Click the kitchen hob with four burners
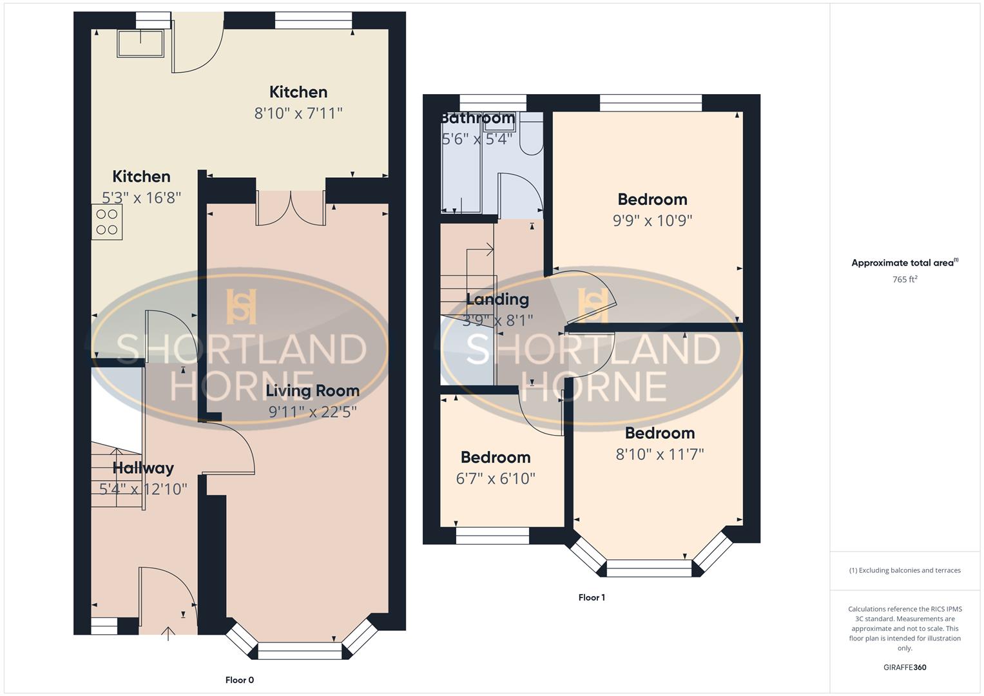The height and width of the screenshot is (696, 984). coord(107,222)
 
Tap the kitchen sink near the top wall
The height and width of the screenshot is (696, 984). coord(140,42)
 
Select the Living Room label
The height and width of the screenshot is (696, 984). coord(313,391)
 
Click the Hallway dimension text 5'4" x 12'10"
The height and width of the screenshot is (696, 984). coord(143,489)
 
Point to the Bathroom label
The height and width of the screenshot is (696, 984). coord(478,119)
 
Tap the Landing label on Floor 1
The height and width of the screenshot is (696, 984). coord(497,299)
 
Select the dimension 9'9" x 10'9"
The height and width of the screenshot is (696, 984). coord(652,220)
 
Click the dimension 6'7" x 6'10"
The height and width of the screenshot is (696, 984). coord(496,478)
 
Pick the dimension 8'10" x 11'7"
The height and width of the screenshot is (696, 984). coord(660,454)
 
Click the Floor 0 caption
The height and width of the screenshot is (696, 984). coord(240,680)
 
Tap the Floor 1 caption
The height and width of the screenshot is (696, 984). coord(592,597)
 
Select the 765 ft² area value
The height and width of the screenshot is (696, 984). coord(905,280)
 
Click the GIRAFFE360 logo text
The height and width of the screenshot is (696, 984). coord(905,668)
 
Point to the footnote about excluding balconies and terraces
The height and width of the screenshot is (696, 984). coord(905,570)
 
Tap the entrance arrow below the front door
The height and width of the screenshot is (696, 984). coord(169,633)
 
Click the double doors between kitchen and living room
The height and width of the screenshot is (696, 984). coord(291,208)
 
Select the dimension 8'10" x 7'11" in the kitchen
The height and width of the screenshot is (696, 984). coord(298,113)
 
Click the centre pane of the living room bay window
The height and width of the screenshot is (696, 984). coord(300,651)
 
